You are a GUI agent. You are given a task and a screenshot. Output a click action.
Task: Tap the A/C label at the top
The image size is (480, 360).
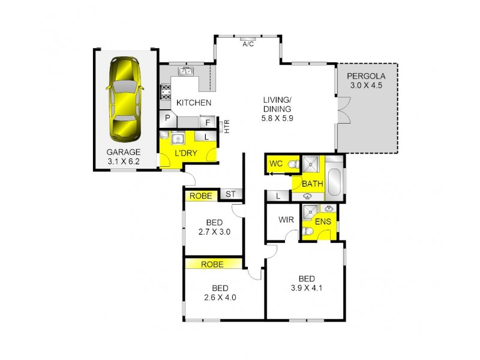point(247,44)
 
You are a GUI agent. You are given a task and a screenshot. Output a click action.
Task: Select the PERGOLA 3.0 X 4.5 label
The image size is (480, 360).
point(366,80)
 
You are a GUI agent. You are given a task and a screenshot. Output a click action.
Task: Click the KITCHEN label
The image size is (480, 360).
point(193,103)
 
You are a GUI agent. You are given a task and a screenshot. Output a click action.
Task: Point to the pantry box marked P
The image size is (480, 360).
point(167,119)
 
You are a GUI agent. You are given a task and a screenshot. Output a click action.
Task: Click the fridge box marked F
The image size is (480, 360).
point(208,123)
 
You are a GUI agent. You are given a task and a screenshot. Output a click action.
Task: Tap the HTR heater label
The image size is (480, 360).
point(226,126)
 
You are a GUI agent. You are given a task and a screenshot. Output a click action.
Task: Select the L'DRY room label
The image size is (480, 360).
point(185,154)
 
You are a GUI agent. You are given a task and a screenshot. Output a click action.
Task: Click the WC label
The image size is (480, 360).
point(276,164)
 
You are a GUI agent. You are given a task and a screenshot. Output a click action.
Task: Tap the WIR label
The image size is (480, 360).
point(286,220)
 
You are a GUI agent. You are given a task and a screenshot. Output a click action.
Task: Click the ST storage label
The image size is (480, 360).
point(230,194)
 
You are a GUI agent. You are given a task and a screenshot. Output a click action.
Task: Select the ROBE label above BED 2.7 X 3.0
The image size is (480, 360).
point(200,196)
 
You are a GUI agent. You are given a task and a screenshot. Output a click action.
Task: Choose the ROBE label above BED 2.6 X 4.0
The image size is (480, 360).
point(213,263)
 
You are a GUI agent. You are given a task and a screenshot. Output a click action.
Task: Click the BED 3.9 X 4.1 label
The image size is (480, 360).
point(307,283)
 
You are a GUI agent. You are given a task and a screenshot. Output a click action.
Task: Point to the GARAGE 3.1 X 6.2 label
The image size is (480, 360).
point(124,156)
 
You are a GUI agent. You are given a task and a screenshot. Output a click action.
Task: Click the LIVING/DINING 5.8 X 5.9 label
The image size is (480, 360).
point(277,109)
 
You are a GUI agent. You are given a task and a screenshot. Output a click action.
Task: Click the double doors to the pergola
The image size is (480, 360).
point(343,112)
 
